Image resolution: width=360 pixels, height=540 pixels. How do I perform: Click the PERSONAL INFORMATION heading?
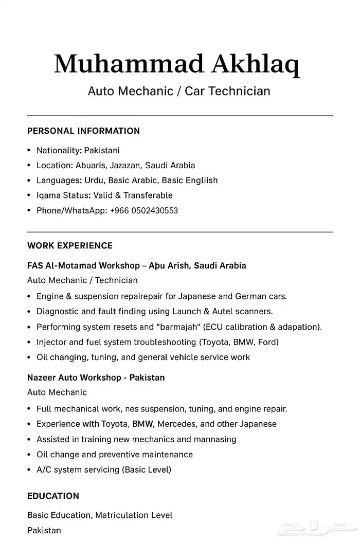[83, 131]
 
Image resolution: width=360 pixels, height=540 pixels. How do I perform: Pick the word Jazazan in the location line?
[125, 166]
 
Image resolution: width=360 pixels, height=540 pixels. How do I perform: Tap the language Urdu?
[94, 181]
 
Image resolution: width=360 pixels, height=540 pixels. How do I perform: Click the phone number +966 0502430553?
[144, 210]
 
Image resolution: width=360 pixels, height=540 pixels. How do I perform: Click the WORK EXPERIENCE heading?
[70, 245]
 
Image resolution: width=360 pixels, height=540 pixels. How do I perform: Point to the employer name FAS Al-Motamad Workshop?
[83, 266]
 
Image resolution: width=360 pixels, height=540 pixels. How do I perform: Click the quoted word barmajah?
[179, 327]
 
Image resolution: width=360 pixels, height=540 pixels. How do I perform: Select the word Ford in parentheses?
[268, 342]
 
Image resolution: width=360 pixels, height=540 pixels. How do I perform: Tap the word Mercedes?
[181, 424]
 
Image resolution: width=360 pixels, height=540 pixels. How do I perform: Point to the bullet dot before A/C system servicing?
[29, 470]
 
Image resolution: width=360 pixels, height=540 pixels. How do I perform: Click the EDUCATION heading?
[53, 496]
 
